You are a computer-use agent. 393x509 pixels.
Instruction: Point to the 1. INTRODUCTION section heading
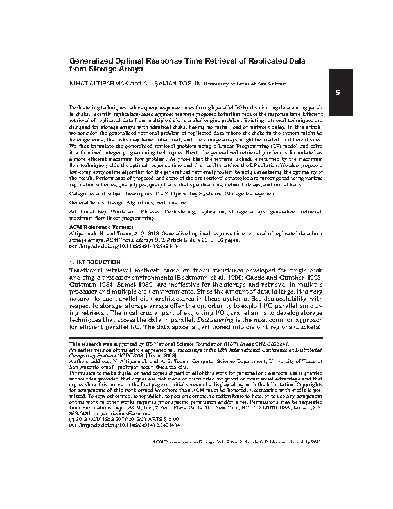pyautogui.click(x=94, y=263)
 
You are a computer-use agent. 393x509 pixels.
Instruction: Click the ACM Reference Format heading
pyautogui.click(x=96, y=228)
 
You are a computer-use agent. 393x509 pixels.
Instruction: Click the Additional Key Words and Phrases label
pyautogui.click(x=114, y=211)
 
